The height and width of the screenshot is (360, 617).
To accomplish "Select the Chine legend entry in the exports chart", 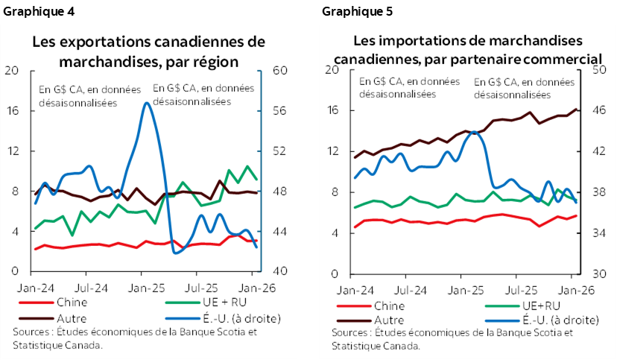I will click(x=71, y=302).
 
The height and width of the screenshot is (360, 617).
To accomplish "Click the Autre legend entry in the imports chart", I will click(x=386, y=319).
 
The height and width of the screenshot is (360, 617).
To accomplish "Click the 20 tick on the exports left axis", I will click(x=12, y=71).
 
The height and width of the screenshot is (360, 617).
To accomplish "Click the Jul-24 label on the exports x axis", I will click(x=89, y=285).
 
